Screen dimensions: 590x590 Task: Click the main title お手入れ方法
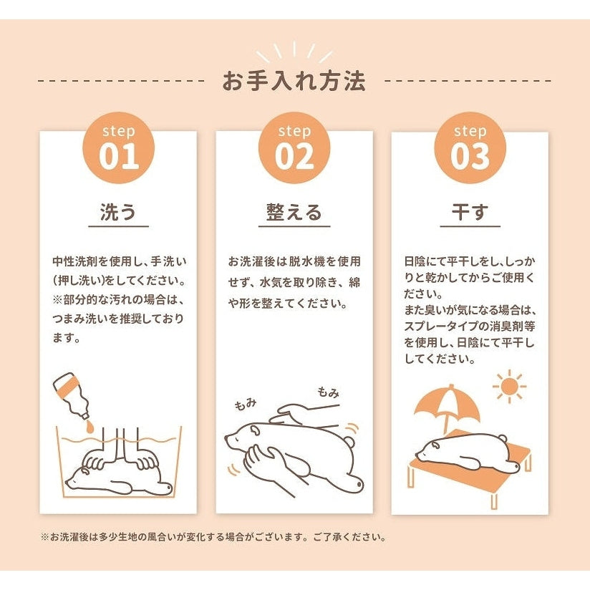tap(294, 81)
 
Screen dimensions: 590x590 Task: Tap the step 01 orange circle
tap(119, 147)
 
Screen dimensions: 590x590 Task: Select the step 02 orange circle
tap(294, 147)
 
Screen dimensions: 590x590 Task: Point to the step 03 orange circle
tap(470, 147)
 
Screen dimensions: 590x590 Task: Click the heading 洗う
tap(118, 212)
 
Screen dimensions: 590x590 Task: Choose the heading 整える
tap(294, 212)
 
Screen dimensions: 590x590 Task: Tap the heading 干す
tap(470, 212)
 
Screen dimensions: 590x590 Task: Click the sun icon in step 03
tap(510, 386)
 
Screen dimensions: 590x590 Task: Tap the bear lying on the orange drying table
tap(467, 453)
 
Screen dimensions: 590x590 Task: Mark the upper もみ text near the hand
tap(328, 392)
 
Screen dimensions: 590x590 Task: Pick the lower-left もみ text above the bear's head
tap(246, 405)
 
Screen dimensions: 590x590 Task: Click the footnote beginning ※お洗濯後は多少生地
tap(213, 537)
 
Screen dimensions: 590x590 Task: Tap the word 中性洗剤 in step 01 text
tap(74, 261)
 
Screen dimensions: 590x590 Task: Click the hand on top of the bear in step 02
tap(297, 414)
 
